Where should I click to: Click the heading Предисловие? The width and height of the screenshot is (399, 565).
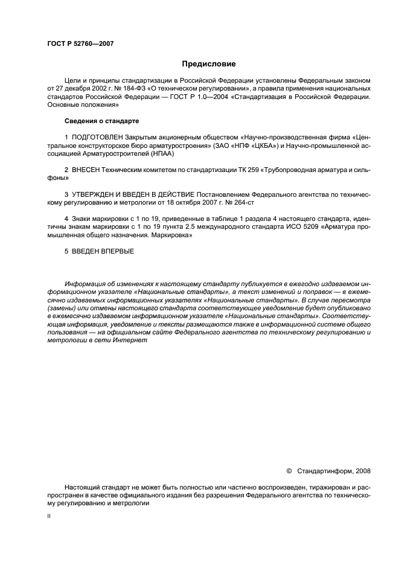209,63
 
